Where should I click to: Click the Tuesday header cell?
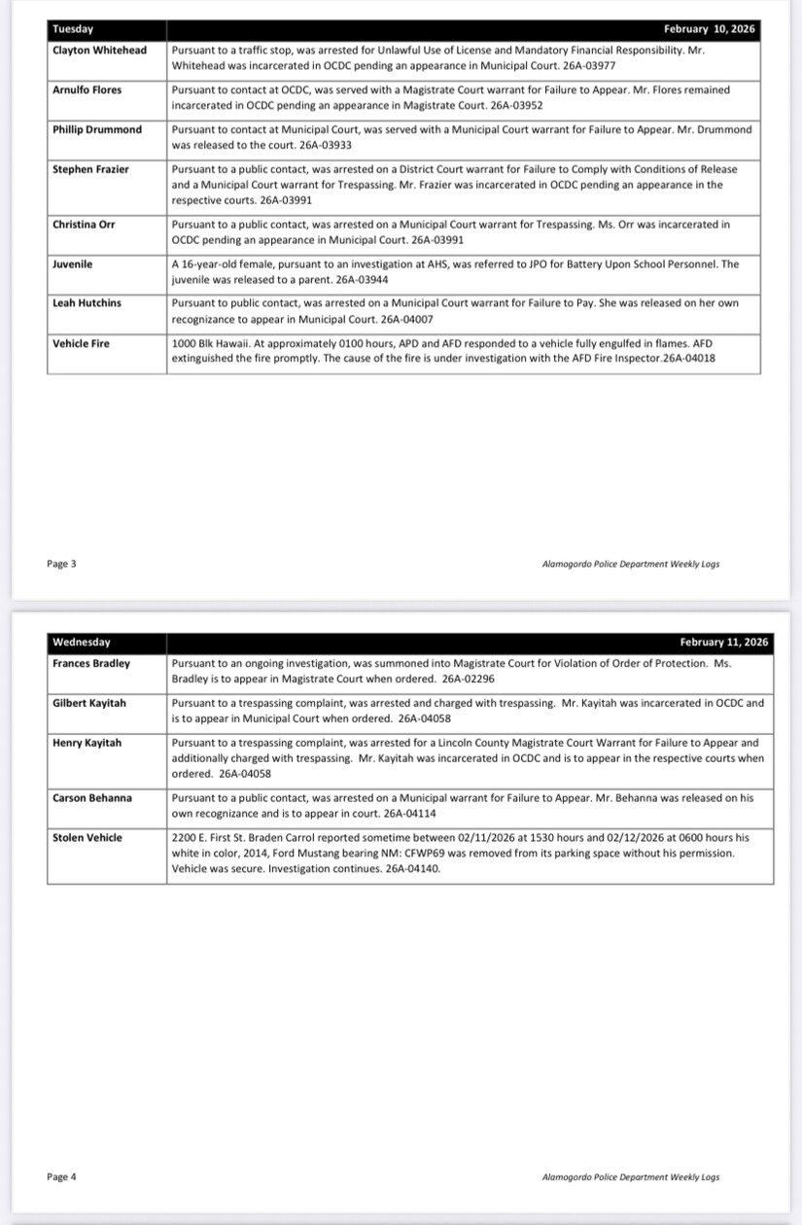[73, 29]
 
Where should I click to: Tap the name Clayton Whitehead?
[99, 50]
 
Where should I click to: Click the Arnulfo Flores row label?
[87, 89]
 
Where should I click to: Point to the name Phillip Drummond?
[97, 129]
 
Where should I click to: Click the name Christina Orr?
[84, 225]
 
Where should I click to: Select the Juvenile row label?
[73, 263]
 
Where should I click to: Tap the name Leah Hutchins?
[87, 303]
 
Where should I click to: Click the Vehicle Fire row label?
[82, 343]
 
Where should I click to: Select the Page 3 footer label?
[61, 563]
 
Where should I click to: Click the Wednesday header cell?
[82, 643]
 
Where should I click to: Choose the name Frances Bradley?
[91, 663]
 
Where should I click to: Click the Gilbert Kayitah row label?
[89, 703]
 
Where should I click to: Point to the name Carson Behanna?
[92, 798]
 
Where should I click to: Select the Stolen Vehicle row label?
[87, 838]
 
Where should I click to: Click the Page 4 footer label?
[61, 1177]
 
